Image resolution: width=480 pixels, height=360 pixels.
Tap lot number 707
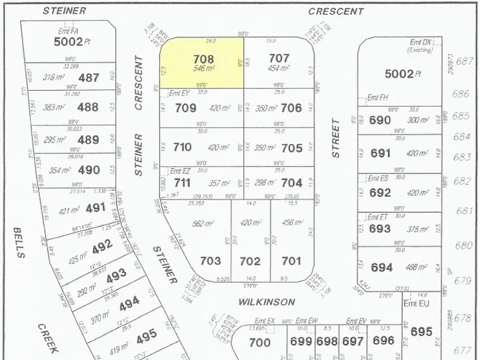click(x=278, y=59)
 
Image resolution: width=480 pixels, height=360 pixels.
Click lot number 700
click(x=259, y=343)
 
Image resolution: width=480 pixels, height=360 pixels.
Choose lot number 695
click(x=421, y=331)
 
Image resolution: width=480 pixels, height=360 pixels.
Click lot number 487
click(x=88, y=78)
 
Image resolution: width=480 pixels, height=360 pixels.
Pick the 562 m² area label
click(x=201, y=224)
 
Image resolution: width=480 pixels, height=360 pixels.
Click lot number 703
click(x=210, y=261)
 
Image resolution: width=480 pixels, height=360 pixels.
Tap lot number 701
click(x=291, y=261)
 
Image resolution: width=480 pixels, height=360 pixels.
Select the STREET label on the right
click(x=336, y=138)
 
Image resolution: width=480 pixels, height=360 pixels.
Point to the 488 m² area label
click(x=416, y=267)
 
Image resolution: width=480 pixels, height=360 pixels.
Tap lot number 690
click(x=380, y=120)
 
